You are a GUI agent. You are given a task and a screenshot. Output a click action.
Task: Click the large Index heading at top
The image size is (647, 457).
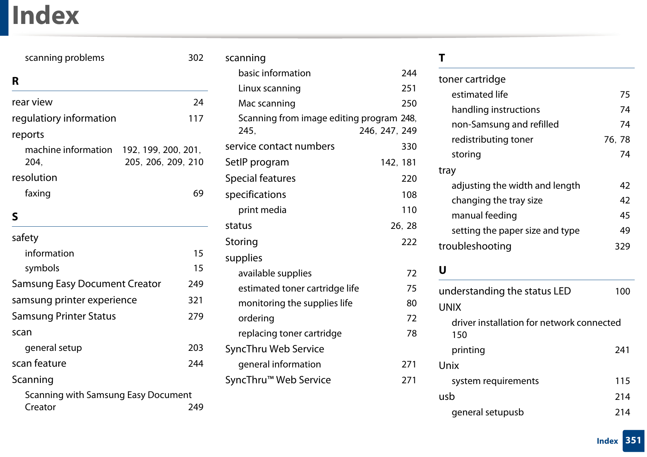pos(45,15)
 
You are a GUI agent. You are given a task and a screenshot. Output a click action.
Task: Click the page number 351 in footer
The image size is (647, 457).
pos(633,440)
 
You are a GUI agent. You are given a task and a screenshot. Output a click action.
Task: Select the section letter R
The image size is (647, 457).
pos(15,81)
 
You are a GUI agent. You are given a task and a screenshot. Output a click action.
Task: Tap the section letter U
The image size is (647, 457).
pos(442,270)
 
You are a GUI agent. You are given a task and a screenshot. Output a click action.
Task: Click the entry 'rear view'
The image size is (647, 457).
pos(32,102)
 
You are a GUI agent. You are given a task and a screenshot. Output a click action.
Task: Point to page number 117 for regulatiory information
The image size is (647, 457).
pos(195,119)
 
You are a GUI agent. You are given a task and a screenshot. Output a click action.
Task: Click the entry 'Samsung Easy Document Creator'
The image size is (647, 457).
pos(86,284)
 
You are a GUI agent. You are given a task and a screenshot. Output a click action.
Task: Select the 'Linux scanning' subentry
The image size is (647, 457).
pos(269,88)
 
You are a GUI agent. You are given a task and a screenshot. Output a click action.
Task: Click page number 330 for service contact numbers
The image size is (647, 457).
pos(409,147)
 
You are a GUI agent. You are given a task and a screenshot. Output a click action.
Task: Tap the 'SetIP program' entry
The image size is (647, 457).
pos(257,163)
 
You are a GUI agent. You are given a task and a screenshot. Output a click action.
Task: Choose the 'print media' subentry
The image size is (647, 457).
pos(262,210)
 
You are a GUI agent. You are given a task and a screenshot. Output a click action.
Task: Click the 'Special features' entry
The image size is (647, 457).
pos(260,178)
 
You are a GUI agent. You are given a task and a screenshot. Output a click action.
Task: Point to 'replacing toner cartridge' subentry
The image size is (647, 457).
pos(290,334)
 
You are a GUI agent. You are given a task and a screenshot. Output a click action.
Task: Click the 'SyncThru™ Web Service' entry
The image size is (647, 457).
pos(278,380)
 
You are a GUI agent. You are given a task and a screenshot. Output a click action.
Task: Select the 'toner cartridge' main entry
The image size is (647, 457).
pos(472,79)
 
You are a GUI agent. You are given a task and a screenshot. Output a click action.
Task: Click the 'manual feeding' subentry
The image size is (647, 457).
pos(484,216)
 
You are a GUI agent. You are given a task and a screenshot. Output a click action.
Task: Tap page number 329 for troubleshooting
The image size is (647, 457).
pos(622,247)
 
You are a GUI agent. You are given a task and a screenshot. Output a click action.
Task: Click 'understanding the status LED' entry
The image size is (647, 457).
pos(504,291)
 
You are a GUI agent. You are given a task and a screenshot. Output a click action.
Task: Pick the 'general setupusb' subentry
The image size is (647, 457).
pos(487,412)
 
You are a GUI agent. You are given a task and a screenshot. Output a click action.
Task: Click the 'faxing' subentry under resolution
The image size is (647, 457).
pos(38,193)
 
